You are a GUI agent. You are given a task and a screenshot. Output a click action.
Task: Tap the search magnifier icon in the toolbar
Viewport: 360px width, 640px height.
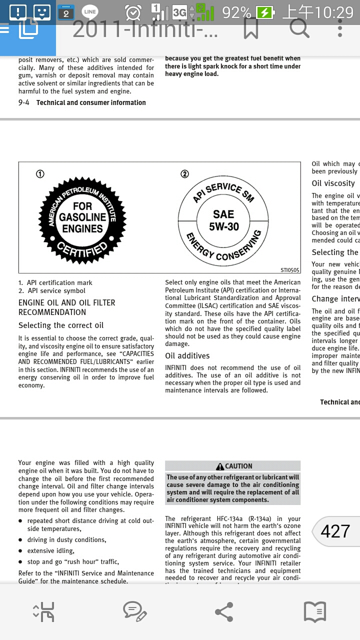[x=299, y=28]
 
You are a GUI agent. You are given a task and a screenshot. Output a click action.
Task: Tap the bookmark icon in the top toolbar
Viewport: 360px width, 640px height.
[x=251, y=29]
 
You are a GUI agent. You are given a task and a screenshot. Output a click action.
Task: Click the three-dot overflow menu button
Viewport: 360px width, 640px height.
[x=340, y=28]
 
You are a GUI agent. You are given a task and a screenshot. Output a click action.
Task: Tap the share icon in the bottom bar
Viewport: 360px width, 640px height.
[x=223, y=612]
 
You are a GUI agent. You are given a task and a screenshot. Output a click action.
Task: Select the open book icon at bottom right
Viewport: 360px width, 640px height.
[x=315, y=611]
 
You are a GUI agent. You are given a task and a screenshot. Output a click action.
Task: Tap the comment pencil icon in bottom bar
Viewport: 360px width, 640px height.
[x=134, y=611]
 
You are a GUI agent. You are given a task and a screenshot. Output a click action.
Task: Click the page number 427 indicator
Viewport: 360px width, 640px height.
[x=335, y=531]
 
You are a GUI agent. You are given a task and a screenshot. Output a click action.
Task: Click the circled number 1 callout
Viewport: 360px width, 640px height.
[x=40, y=174]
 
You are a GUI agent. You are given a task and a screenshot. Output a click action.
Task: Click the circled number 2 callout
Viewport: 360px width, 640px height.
[x=184, y=174]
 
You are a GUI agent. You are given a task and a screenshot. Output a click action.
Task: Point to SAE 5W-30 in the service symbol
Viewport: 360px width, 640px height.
[x=223, y=220]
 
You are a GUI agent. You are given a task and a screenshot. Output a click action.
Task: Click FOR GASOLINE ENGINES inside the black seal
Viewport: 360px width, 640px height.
[x=82, y=217]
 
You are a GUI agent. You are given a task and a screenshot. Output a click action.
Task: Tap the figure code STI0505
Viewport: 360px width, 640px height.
[x=290, y=270]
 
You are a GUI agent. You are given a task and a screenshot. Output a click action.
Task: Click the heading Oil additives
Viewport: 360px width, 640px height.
[x=187, y=356]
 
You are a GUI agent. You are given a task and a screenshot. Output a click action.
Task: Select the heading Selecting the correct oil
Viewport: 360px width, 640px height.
[x=61, y=325]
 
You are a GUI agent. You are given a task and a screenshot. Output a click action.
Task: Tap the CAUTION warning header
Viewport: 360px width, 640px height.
[x=233, y=466]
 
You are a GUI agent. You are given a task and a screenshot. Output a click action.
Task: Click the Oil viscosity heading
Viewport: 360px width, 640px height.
[x=333, y=183]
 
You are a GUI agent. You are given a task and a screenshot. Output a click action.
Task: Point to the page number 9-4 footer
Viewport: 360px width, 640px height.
[x=24, y=102]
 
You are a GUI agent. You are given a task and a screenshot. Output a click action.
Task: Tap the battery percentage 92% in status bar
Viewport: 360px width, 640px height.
[x=237, y=12]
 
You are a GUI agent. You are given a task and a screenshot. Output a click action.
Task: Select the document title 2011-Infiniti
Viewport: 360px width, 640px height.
[x=145, y=29]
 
